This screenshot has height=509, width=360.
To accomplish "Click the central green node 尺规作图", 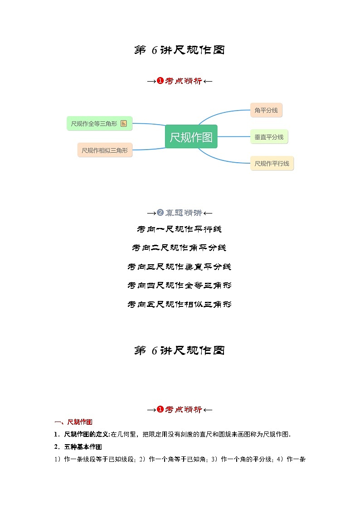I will pos(191,137).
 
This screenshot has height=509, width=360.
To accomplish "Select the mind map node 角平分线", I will pos(266,110).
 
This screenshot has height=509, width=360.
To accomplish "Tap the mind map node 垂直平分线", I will pos(269,136).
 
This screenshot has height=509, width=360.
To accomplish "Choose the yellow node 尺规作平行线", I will pos(272,163).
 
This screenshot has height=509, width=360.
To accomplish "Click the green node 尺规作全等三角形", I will pos(99,123).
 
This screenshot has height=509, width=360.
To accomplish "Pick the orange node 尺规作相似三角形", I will pos(105,150).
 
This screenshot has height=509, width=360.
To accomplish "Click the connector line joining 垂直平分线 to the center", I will pos(234,136).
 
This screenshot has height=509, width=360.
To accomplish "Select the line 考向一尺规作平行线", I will pos(180,229).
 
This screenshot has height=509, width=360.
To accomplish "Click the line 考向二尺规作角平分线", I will pos(180,248).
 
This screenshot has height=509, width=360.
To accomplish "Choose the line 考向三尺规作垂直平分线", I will pos(180,267).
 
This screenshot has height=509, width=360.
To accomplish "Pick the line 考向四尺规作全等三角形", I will pos(180,286).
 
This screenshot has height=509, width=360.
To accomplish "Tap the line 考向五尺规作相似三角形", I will pos(180,304).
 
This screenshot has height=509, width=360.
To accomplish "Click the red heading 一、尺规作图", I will pos(73,422).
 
